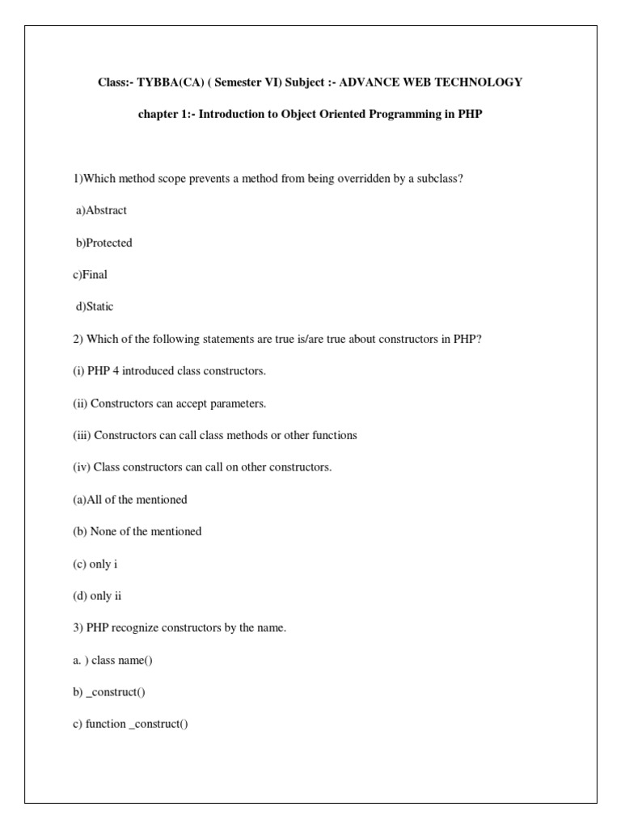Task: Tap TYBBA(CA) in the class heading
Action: coord(161,82)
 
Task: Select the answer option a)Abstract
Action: coord(101,210)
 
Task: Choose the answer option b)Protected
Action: coord(103,243)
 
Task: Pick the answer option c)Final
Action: coord(90,275)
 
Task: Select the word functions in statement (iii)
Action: coord(334,435)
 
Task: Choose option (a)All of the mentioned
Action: coord(129,500)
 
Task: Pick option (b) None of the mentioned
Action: coord(137,531)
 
